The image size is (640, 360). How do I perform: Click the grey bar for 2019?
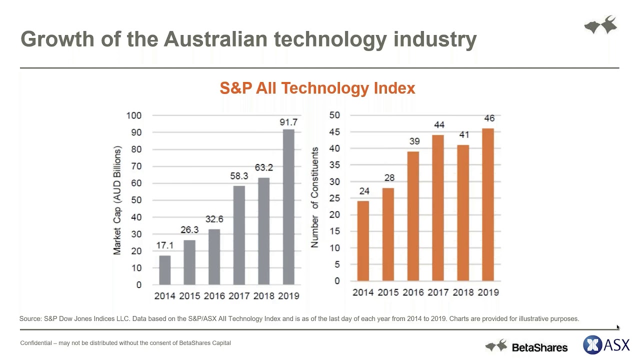pos(288,207)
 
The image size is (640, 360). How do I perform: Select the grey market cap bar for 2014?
pos(164,270)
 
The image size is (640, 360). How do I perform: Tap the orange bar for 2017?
pos(438,207)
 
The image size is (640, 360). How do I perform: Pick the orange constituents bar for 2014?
pos(363,240)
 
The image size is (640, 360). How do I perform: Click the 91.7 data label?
pos(288,122)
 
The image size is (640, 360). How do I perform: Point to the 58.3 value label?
pos(239,176)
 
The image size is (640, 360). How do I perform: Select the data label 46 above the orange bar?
pos(488,118)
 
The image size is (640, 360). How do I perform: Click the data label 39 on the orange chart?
pos(414,141)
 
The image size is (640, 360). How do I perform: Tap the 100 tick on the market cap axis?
pos(133,115)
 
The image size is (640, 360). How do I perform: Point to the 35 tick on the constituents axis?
pos(334,165)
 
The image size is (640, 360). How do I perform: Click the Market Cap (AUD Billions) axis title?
pos(117,200)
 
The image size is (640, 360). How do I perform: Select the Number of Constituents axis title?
pos(315,198)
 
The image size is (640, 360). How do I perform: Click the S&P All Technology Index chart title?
pos(317,88)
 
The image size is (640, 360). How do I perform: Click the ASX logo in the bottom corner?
pos(606,345)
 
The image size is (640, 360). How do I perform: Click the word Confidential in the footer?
pos(36,343)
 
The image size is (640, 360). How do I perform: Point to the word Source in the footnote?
pos(30,318)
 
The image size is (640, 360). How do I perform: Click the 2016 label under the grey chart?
pos(214,296)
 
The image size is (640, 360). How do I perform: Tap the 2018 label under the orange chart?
pos(463,292)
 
